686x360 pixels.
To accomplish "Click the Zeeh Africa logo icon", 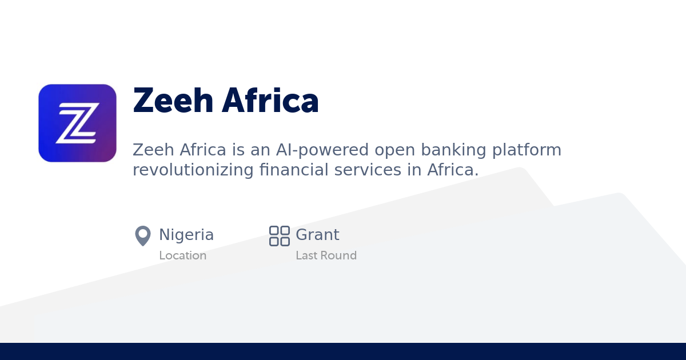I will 77,123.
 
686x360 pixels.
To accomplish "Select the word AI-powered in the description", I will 321,150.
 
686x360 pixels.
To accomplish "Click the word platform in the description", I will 527,150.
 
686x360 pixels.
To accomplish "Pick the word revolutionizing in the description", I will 193,170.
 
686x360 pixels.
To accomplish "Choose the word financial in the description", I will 293,170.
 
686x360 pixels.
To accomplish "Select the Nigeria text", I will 186,235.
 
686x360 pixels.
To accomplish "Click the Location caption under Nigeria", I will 182,255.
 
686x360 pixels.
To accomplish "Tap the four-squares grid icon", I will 280,236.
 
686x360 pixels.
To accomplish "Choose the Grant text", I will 317,235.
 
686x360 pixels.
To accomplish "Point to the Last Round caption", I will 326,255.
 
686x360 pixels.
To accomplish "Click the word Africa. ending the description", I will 453,170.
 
